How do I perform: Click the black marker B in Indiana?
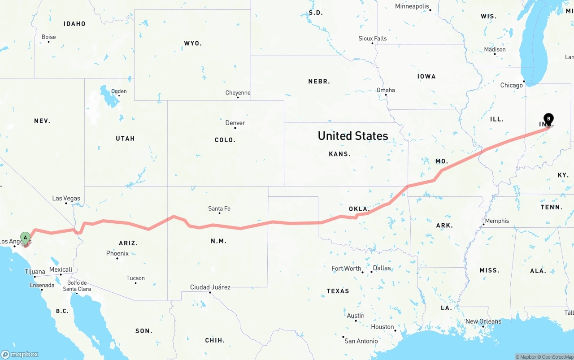pyautogui.click(x=548, y=119)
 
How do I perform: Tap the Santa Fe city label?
pyautogui.click(x=219, y=208)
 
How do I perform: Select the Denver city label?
pyautogui.click(x=235, y=123)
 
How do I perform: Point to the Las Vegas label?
pyautogui.click(x=66, y=198)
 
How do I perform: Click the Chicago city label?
pyautogui.click(x=512, y=85)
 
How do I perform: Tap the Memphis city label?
pyautogui.click(x=497, y=221)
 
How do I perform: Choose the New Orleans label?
pyautogui.click(x=483, y=321)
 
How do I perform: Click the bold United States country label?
pyautogui.click(x=353, y=135)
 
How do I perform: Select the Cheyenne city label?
pyautogui.click(x=238, y=93)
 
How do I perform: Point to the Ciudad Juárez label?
pyautogui.click(x=210, y=287)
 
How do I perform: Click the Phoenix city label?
pyautogui.click(x=117, y=253)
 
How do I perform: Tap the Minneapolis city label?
pyautogui.click(x=412, y=6)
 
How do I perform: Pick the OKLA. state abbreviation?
pyautogui.click(x=359, y=209)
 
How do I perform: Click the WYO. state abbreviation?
pyautogui.click(x=193, y=43)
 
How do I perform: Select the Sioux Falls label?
pyautogui.click(x=373, y=39)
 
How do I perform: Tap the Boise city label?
pyautogui.click(x=48, y=37)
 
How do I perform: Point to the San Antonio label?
pyautogui.click(x=361, y=341)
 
